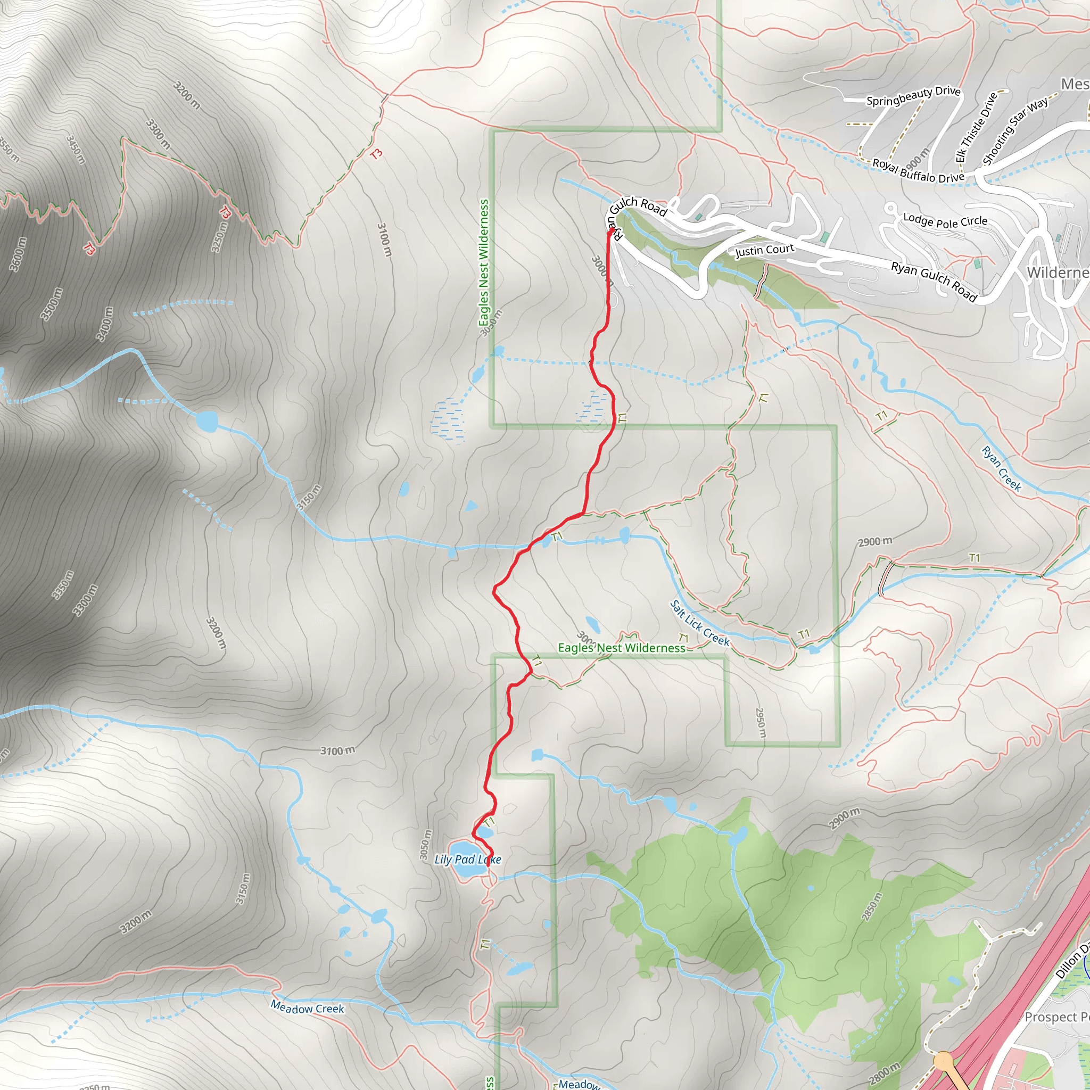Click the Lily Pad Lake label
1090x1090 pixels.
468,859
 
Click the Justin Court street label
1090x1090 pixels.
764,250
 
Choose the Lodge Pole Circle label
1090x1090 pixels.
945,220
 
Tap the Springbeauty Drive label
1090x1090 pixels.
913,95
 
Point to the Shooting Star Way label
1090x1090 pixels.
1015,130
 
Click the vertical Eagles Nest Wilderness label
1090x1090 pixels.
483,262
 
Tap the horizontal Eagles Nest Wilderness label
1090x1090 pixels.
621,648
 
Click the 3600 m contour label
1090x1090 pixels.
18,254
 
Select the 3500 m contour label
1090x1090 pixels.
51,304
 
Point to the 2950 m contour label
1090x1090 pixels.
761,723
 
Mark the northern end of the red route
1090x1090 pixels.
611,229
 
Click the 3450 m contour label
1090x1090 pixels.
76,150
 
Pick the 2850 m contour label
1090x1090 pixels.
872,906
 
